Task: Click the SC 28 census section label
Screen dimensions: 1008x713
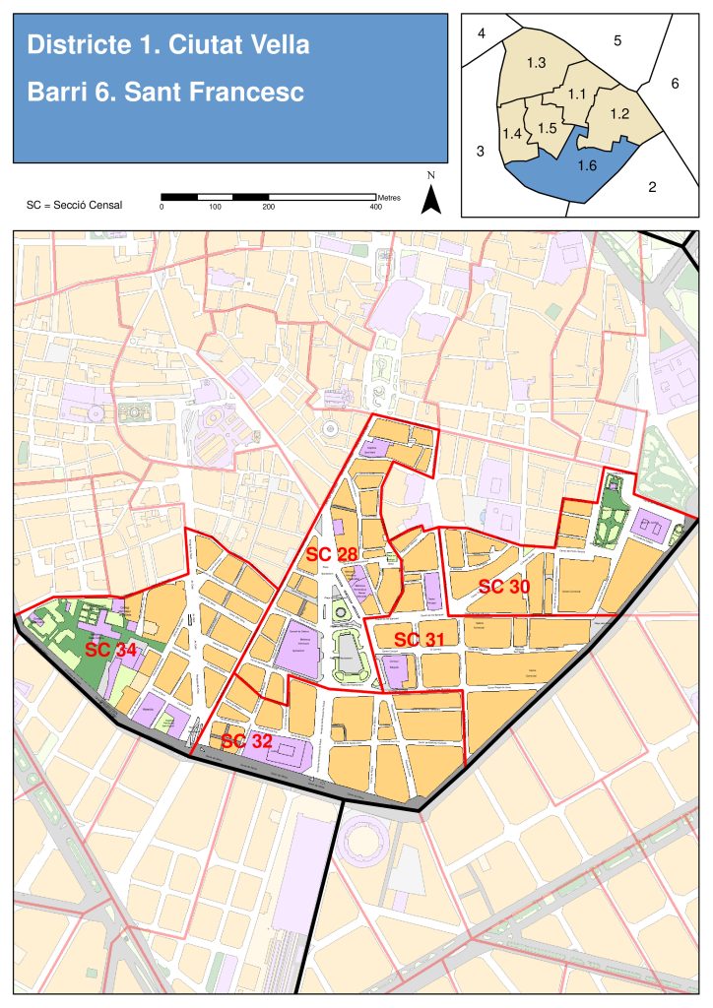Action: tap(331, 554)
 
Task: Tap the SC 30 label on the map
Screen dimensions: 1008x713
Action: tap(504, 587)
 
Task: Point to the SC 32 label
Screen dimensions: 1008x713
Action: tap(246, 741)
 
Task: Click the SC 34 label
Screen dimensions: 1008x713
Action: tap(110, 650)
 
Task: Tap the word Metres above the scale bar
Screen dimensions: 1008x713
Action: tap(388, 197)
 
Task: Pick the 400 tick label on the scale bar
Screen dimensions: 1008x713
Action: tap(375, 208)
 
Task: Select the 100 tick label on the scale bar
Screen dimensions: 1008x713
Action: tap(215, 208)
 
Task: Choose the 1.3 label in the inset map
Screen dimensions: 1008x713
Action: tap(537, 63)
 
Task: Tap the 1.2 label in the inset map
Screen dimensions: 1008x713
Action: tap(619, 113)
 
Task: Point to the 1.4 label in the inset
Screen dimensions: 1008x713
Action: tap(512, 132)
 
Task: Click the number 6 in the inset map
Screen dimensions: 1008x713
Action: tap(676, 84)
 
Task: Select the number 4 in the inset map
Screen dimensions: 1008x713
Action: tap(482, 34)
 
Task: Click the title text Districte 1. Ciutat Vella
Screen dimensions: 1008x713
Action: tap(168, 44)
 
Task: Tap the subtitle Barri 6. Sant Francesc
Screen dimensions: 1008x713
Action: tap(165, 92)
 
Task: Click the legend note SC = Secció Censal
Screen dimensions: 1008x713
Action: tap(75, 205)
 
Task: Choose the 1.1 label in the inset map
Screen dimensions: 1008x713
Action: tap(577, 94)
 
